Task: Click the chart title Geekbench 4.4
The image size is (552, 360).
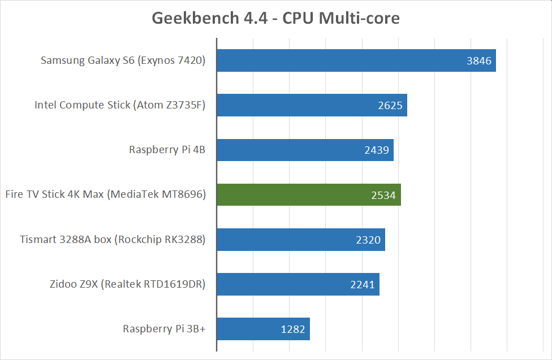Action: (x=275, y=18)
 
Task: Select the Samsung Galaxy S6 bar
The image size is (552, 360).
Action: (x=339, y=60)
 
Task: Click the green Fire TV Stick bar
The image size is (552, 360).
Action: (x=294, y=194)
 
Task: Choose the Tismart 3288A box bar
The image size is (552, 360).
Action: (x=283, y=240)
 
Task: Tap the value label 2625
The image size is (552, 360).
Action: (x=390, y=106)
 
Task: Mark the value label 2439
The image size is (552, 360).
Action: (x=377, y=150)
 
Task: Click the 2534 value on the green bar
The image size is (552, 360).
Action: (x=384, y=195)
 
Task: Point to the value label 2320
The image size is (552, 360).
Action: (x=368, y=240)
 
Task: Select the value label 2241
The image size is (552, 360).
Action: (x=363, y=285)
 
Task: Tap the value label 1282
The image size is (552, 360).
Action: (x=293, y=329)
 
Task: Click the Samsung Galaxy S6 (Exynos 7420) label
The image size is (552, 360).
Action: (x=123, y=60)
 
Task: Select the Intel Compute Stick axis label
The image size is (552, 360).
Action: (x=119, y=105)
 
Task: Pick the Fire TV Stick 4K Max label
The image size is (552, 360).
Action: (x=105, y=194)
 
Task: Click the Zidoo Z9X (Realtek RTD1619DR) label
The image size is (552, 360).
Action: (x=127, y=284)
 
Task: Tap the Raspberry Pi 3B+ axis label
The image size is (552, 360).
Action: (x=164, y=329)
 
